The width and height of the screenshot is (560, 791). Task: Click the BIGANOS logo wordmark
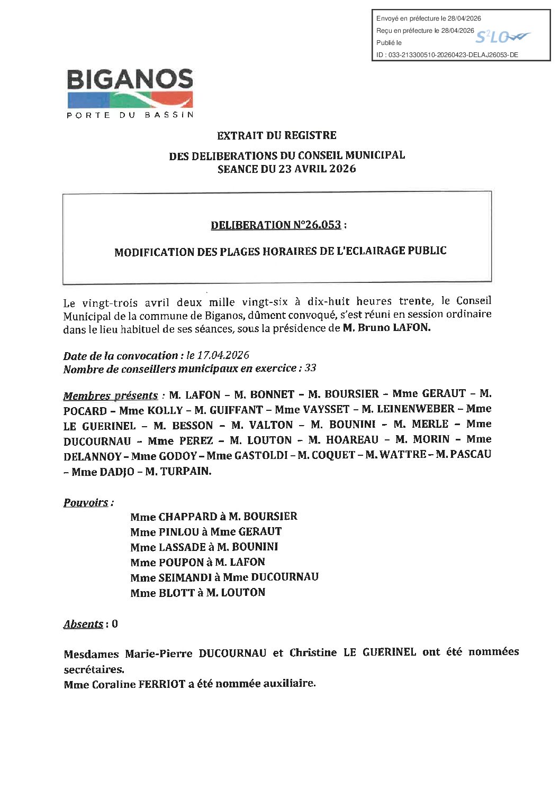pyautogui.click(x=130, y=80)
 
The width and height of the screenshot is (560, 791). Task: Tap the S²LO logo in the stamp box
pyautogui.click(x=501, y=37)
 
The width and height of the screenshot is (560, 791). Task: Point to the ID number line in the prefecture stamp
pyautogui.click(x=447, y=54)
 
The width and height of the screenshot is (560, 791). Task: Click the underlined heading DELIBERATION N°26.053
pyautogui.click(x=276, y=225)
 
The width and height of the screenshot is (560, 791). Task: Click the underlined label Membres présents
pyautogui.click(x=111, y=395)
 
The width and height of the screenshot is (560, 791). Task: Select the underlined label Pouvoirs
pyautogui.click(x=86, y=502)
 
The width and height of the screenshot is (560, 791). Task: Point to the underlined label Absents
pyautogui.click(x=83, y=624)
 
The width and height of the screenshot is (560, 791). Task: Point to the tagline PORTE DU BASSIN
pyautogui.click(x=130, y=115)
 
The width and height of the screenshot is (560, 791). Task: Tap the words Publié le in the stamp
pyautogui.click(x=389, y=43)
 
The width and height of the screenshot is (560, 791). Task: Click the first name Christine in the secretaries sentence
pyautogui.click(x=313, y=652)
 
